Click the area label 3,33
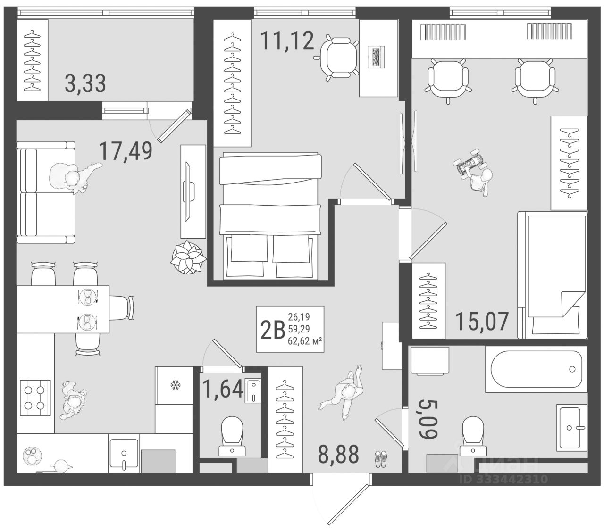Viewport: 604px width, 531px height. [85, 84]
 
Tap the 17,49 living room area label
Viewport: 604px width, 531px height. [126, 151]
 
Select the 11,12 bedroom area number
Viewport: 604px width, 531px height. [287, 41]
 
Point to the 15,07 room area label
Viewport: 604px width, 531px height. [482, 321]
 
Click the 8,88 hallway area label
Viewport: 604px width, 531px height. [338, 454]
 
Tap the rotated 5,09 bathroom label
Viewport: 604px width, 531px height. [428, 419]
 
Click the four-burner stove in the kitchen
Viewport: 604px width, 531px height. [35, 398]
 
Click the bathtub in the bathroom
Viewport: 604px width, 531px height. [536, 369]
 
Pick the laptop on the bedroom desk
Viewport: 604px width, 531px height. [376, 57]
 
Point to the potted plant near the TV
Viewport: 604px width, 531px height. [188, 257]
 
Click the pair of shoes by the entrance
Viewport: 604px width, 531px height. [380, 459]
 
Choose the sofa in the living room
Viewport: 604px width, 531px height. [46, 192]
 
